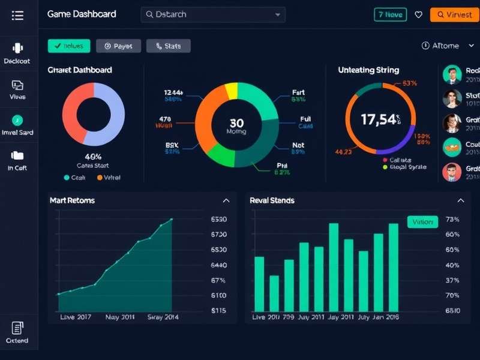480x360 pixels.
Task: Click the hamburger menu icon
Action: click(17, 15)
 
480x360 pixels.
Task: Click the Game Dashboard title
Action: click(82, 14)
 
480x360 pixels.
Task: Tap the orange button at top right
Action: click(454, 14)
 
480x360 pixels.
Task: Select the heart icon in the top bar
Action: click(419, 14)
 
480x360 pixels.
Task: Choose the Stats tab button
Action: click(168, 46)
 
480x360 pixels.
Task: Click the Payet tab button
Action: click(118, 46)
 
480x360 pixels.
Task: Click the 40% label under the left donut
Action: click(93, 156)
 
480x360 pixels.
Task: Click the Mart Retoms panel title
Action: click(72, 200)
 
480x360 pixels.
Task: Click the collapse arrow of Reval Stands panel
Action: click(461, 200)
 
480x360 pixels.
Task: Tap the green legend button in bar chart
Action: click(422, 222)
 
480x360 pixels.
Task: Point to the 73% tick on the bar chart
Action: click(452, 220)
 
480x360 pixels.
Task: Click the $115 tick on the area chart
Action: click(219, 310)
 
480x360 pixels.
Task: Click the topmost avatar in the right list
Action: click(452, 75)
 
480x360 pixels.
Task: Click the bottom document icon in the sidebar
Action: click(17, 328)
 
